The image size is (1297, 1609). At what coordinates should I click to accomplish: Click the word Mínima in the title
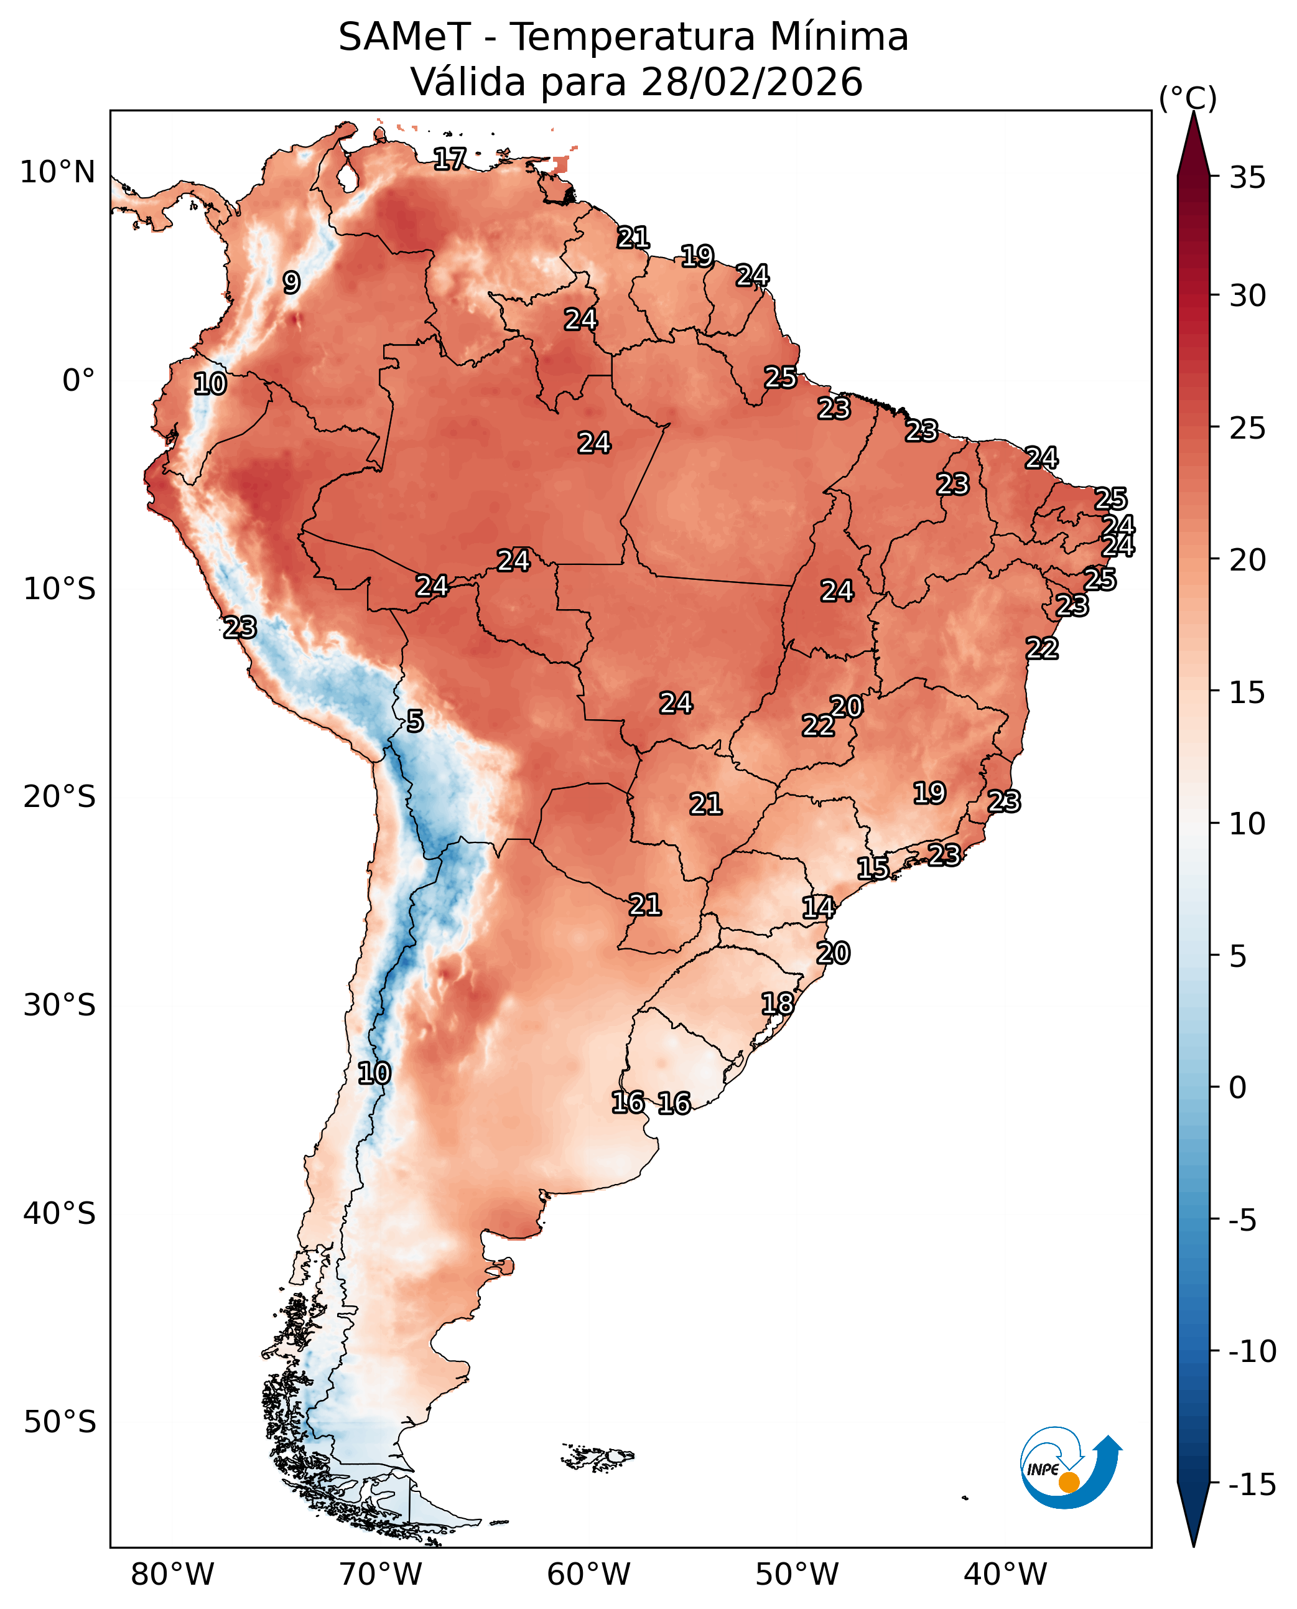839,37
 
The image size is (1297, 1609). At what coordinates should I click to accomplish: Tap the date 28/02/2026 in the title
751,82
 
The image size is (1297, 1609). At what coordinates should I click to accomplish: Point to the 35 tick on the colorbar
1248,178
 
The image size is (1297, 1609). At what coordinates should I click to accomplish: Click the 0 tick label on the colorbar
1238,1088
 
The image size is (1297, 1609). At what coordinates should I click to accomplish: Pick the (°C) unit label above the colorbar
1188,98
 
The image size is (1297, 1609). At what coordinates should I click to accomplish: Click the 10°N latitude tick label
57,172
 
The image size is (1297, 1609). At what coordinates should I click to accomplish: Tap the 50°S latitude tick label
60,1422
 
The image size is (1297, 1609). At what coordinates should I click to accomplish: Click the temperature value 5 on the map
415,721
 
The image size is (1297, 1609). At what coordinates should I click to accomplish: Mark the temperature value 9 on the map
291,282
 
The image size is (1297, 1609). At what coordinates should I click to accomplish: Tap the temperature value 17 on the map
450,159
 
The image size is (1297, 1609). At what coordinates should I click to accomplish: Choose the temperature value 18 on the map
778,1004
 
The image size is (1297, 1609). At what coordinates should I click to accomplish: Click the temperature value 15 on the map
873,869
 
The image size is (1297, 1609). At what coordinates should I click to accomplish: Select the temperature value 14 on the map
818,907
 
